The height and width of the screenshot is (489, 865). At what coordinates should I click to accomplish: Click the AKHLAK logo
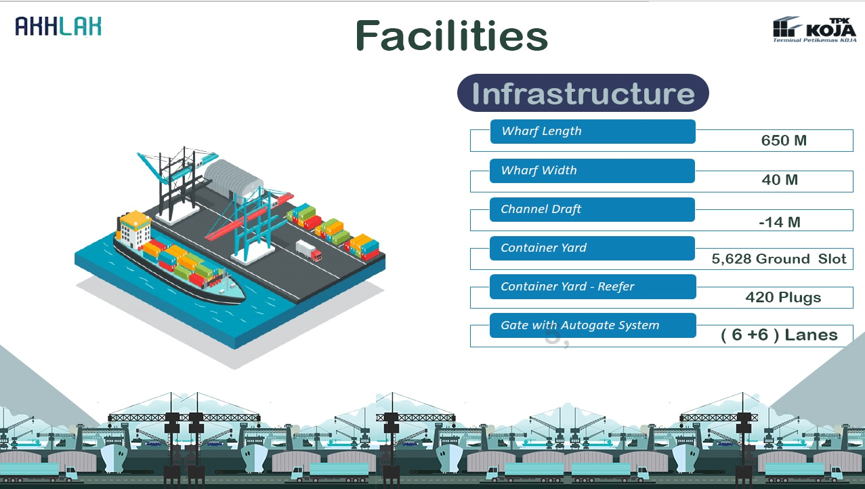click(58, 26)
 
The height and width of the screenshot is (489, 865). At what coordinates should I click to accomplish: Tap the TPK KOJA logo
click(814, 29)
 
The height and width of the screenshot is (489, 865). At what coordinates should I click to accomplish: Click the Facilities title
click(451, 36)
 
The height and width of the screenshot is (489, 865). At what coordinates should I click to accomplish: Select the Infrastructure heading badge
click(583, 93)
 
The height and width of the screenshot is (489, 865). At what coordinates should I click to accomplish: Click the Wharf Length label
click(541, 131)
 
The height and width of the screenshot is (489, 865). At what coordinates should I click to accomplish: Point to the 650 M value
click(784, 140)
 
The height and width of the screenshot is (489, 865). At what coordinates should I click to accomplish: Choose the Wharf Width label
click(538, 171)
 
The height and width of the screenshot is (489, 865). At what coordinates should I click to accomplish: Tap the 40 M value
click(779, 180)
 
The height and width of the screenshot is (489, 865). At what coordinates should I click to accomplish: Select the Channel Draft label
click(541, 209)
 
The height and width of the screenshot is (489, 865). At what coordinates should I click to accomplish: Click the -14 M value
click(779, 222)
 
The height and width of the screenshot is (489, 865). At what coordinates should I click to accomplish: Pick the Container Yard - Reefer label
click(567, 286)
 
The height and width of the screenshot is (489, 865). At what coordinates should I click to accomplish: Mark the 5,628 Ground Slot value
click(778, 259)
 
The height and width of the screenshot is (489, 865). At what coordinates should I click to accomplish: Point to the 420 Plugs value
click(783, 297)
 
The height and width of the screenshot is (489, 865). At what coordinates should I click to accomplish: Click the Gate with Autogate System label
click(580, 325)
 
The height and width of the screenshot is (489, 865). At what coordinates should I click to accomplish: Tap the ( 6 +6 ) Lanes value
click(779, 335)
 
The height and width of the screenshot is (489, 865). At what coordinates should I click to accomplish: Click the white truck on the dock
click(308, 251)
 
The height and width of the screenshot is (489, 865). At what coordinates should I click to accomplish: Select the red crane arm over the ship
click(248, 215)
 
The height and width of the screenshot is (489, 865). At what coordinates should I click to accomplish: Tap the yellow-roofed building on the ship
click(134, 228)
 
